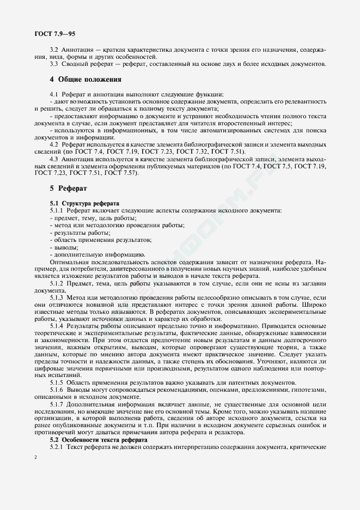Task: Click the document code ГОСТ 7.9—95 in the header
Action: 55,34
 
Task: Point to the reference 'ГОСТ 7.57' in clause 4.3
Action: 122,173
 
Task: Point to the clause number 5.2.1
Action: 57,447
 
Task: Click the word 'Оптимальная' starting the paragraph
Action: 68,262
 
